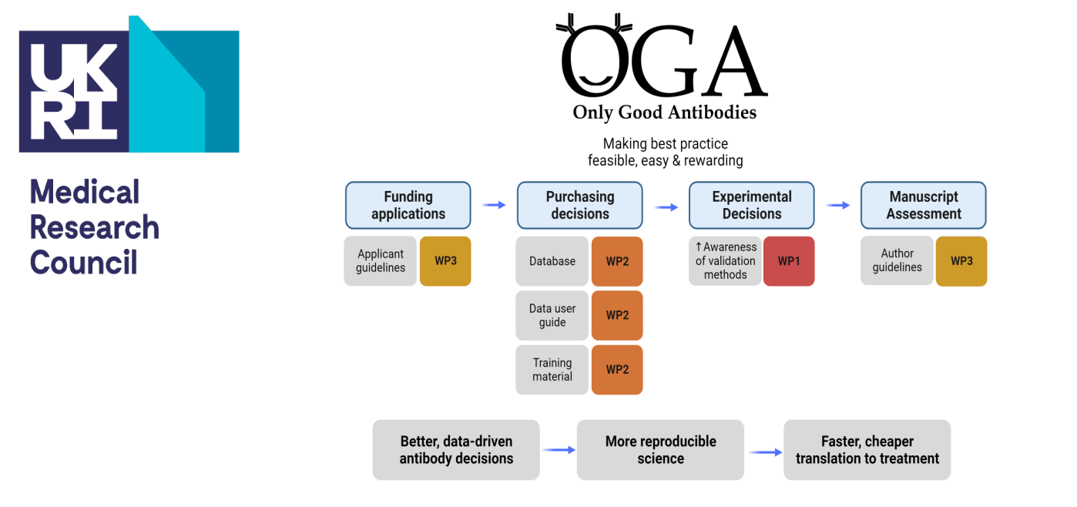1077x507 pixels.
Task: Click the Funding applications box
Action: pyautogui.click(x=408, y=205)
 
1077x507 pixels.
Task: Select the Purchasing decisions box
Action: pyautogui.click(x=579, y=205)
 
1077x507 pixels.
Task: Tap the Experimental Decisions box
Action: pyautogui.click(x=751, y=205)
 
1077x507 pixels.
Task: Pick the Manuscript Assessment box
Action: pyautogui.click(x=923, y=205)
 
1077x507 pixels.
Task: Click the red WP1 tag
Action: pyautogui.click(x=789, y=261)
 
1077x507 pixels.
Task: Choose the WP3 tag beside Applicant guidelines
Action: pyautogui.click(x=445, y=261)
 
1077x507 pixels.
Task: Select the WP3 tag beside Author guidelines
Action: pyautogui.click(x=961, y=261)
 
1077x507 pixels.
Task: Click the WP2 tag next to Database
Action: pyautogui.click(x=617, y=261)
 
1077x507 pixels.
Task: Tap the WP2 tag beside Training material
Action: pyautogui.click(x=617, y=370)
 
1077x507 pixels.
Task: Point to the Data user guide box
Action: pyautogui.click(x=552, y=315)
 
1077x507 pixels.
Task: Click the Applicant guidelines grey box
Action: pyautogui.click(x=380, y=261)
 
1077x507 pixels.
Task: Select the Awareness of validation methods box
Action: pyautogui.click(x=724, y=261)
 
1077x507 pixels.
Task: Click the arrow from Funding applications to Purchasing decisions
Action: pyautogui.click(x=494, y=205)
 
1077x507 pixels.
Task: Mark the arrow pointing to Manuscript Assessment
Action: pyautogui.click(x=837, y=205)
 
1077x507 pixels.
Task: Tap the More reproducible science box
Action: pyautogui.click(x=660, y=450)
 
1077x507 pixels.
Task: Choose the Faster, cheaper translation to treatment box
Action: pyautogui.click(x=867, y=450)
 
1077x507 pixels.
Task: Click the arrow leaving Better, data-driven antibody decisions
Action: pyautogui.click(x=558, y=450)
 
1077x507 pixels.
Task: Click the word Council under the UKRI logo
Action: pyautogui.click(x=83, y=263)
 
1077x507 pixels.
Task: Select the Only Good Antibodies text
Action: pyautogui.click(x=664, y=112)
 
